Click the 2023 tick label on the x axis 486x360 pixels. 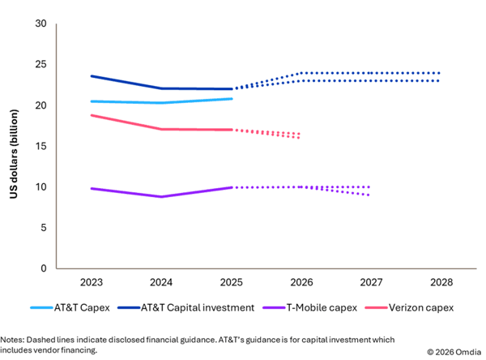tap(91, 282)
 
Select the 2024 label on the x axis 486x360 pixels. tap(160, 282)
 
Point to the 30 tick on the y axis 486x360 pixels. tap(40, 24)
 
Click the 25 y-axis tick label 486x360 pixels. tap(40, 64)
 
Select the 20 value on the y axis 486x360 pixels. tap(40, 105)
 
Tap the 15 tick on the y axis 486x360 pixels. tap(40, 146)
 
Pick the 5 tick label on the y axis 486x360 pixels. tap(42, 228)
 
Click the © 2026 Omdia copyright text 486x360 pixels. tap(455, 350)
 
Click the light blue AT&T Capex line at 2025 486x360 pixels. tap(231, 99)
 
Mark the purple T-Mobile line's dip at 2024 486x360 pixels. tap(161, 196)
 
